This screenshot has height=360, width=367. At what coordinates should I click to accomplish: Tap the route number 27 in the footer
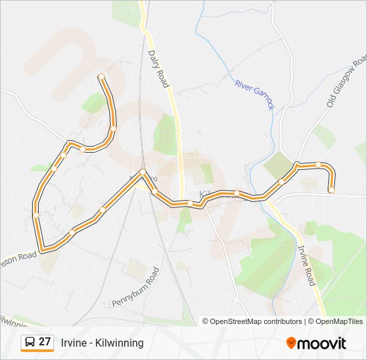pos(45,342)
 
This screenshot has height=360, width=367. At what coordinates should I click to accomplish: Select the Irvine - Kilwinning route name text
pos(102,343)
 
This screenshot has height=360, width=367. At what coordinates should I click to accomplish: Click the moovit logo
pos(316,343)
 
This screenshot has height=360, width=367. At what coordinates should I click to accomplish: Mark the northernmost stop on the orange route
pos(101,77)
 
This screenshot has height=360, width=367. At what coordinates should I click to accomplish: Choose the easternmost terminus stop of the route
pos(331,190)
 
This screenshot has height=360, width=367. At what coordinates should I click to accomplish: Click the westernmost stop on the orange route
pos(36,215)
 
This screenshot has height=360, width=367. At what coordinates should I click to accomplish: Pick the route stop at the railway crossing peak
pos(143,173)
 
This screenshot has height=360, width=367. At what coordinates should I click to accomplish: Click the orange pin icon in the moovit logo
pos(291,343)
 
